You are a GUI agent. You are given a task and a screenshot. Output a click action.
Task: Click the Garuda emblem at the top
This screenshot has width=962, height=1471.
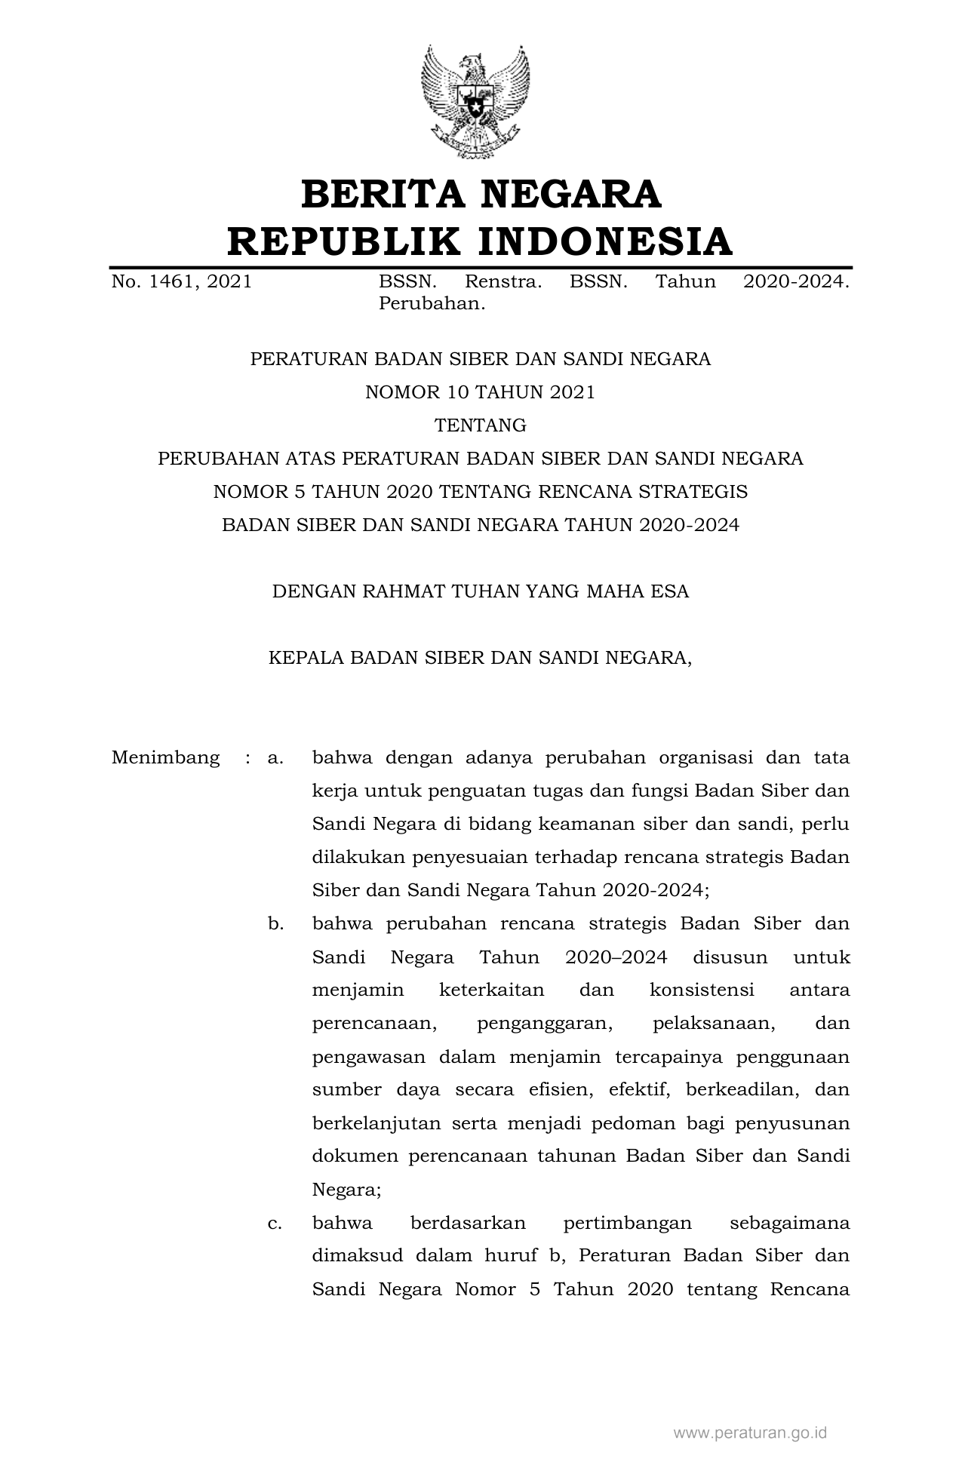[475, 101]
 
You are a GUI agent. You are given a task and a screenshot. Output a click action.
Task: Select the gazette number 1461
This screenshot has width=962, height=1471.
[169, 282]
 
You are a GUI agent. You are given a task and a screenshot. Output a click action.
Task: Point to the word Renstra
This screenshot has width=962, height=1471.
[503, 282]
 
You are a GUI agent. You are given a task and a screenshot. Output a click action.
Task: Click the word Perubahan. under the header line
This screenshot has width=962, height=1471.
[431, 305]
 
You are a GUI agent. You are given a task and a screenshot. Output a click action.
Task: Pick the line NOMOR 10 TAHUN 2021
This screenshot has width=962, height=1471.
[480, 392]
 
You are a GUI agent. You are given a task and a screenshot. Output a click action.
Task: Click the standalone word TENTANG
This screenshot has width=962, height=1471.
[480, 425]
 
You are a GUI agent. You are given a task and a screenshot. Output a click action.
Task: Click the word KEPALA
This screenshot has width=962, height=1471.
[306, 658]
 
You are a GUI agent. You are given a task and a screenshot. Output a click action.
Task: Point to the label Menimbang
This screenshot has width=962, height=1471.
[165, 757]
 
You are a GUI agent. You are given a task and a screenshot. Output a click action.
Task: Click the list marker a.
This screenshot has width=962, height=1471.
[275, 757]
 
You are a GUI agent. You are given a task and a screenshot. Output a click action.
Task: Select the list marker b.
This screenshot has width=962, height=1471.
[275, 924]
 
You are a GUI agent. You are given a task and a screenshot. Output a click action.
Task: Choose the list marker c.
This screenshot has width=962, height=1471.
[275, 1223]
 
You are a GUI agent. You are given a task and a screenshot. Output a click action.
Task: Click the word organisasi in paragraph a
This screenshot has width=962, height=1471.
[705, 757]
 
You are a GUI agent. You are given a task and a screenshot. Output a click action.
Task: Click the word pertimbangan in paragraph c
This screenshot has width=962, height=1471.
[627, 1223]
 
